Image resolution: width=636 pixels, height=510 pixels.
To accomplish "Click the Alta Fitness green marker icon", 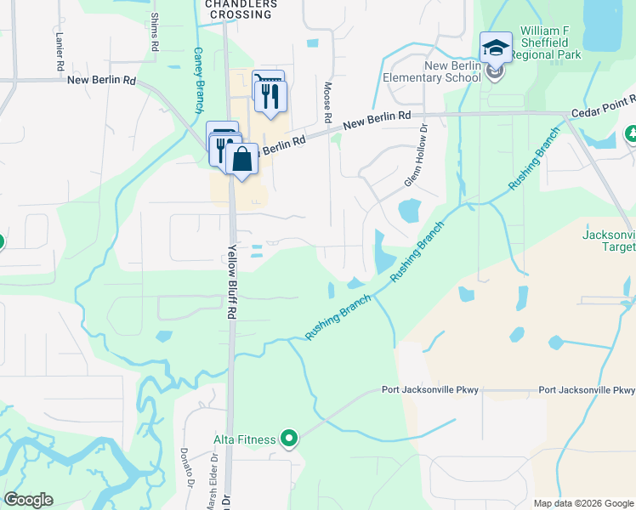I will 289,439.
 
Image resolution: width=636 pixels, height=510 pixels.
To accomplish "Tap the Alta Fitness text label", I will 244,439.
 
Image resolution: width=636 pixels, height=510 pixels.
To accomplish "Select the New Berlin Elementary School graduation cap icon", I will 496,48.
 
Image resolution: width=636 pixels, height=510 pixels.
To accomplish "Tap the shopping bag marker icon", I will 242,159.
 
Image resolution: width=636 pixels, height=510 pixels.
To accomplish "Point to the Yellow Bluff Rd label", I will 230,281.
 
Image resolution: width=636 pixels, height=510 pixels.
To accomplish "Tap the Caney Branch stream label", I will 198,79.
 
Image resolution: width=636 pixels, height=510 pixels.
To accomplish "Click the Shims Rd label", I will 155,32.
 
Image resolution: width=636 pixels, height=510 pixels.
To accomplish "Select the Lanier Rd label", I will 59,53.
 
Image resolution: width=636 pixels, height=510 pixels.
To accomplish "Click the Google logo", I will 29,500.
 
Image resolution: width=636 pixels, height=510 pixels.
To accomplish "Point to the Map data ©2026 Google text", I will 583,503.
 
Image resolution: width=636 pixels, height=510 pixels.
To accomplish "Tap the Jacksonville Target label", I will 608,241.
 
